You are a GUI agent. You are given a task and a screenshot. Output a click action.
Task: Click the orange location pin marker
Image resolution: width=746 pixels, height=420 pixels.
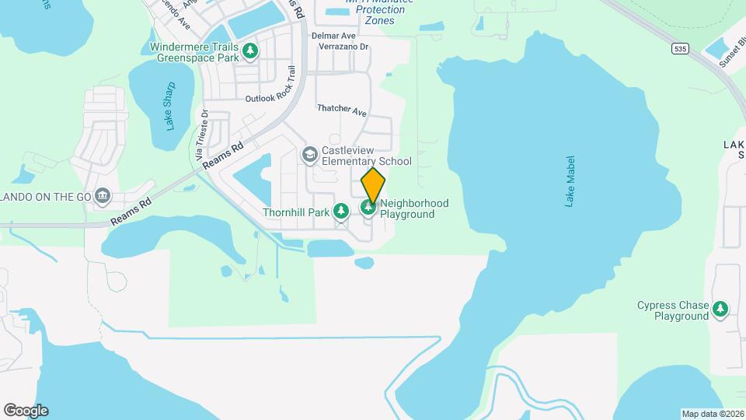tap(373, 186)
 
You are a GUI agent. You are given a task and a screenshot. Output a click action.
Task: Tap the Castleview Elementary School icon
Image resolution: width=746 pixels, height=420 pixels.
tap(310, 155)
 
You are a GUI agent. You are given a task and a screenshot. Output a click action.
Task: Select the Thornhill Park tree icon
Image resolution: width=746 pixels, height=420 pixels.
tap(340, 210)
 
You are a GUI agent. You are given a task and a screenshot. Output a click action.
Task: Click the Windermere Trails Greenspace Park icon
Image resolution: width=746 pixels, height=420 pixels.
tap(250, 51)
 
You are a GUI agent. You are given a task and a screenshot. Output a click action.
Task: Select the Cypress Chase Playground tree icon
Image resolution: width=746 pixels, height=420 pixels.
tap(720, 310)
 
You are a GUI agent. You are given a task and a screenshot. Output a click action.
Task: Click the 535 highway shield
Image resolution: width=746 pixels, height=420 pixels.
tap(681, 48)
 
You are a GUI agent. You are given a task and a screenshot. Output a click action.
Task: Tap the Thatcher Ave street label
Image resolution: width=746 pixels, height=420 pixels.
tap(342, 110)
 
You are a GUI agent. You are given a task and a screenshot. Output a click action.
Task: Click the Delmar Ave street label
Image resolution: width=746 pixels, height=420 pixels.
tap(333, 36)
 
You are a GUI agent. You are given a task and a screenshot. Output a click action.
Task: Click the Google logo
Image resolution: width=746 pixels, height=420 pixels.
tap(26, 411)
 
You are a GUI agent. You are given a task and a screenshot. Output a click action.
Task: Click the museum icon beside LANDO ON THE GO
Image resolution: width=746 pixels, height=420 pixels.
tap(102, 195)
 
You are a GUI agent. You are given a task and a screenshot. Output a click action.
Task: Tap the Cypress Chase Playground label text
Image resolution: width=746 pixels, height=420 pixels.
tap(673, 310)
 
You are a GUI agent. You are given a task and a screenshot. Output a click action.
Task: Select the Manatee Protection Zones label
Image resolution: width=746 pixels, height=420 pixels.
tap(380, 15)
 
